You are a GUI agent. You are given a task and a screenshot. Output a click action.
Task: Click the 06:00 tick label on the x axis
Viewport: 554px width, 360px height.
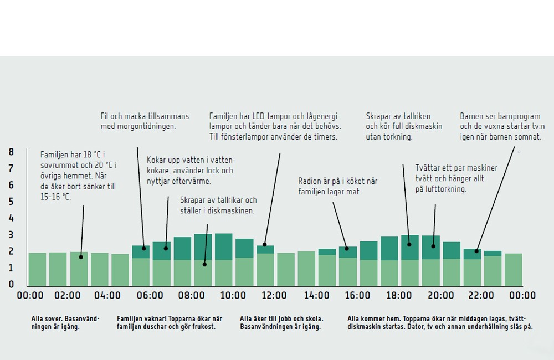pos(150,296)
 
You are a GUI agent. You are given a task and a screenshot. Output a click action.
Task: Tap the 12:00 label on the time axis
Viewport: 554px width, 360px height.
pos(274,296)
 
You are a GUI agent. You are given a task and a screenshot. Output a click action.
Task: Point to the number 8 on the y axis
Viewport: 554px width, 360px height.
pos(11,152)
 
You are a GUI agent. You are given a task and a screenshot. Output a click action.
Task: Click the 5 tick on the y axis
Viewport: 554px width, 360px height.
pos(11,202)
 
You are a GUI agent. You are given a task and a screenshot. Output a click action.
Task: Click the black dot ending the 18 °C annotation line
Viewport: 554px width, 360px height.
pos(81,256)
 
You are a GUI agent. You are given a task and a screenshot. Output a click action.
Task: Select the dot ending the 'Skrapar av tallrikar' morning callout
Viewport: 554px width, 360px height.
pos(204,264)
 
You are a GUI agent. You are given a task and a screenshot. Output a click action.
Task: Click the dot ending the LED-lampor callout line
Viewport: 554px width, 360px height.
pos(265,244)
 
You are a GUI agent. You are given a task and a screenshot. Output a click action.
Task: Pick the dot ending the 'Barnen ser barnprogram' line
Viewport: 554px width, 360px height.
pos(476,251)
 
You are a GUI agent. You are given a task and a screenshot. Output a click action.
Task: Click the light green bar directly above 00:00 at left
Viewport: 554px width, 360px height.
pos(37,269)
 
